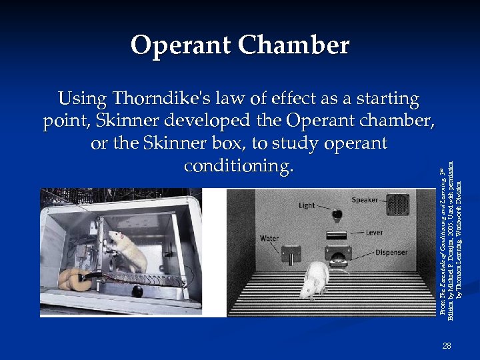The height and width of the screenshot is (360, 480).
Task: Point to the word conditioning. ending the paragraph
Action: [x=238, y=166]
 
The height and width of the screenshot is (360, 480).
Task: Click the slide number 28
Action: [x=446, y=345]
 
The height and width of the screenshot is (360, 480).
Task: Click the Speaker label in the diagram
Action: [x=365, y=200]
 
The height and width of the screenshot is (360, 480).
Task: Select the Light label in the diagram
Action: [x=307, y=205]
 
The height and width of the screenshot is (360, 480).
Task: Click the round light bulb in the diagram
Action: [x=337, y=215]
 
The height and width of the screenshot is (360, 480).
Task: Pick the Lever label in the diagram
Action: [x=374, y=233]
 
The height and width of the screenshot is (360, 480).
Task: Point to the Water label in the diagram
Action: [x=269, y=238]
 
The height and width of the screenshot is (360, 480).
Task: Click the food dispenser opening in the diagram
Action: [x=338, y=255]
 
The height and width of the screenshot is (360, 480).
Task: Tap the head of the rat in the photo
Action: [x=117, y=237]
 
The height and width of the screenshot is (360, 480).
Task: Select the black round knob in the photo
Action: [x=137, y=291]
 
